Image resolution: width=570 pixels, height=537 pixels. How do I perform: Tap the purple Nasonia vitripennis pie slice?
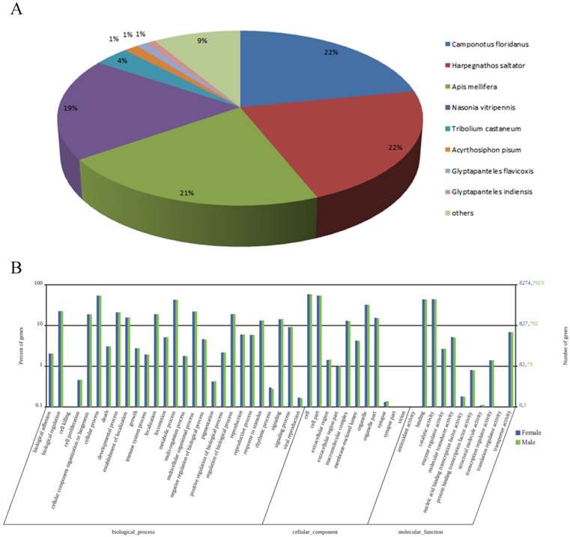coord(112,112)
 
